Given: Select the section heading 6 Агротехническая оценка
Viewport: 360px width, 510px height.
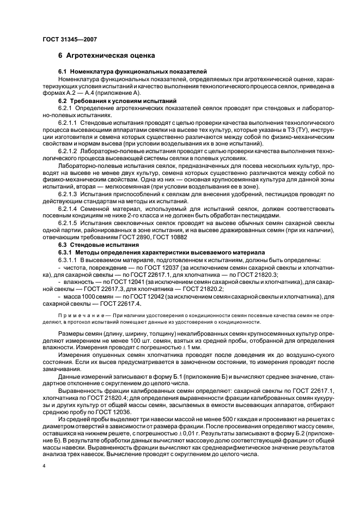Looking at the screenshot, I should tap(107, 55).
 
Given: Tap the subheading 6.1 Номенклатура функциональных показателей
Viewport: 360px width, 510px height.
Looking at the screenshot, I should tap(129, 72).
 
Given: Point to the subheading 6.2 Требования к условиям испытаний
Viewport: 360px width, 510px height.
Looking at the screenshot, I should tap(117, 101).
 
